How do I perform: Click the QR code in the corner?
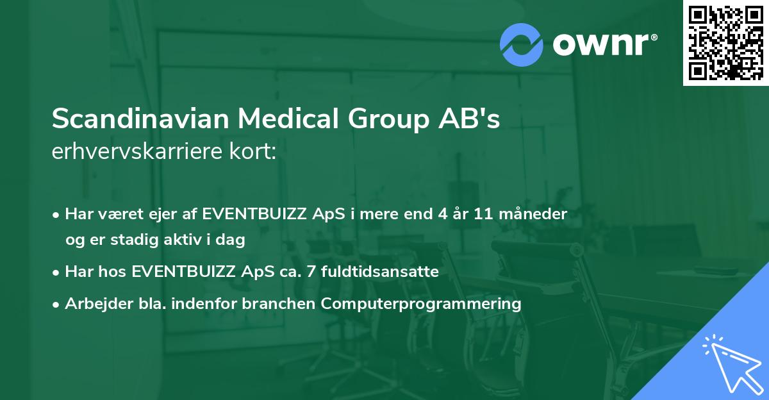[726, 42]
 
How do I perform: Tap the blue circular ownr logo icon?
[522, 44]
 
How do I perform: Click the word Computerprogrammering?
[421, 304]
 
